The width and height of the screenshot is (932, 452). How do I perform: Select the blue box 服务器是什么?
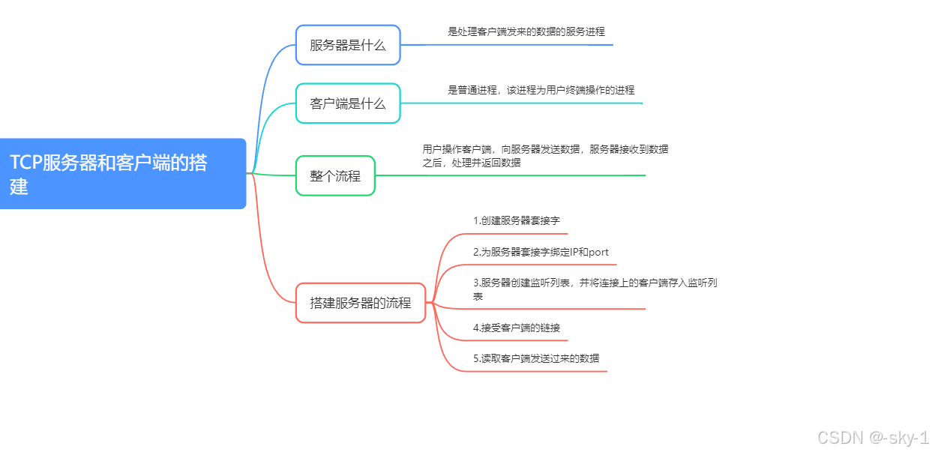click(x=348, y=45)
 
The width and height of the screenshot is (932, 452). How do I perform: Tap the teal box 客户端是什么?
click(x=348, y=103)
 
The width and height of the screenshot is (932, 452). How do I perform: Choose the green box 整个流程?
click(x=335, y=176)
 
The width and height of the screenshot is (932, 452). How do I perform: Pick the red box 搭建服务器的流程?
click(x=361, y=303)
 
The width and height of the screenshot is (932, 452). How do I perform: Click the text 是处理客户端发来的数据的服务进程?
click(x=526, y=32)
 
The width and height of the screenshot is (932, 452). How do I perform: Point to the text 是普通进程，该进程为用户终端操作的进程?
click(x=541, y=90)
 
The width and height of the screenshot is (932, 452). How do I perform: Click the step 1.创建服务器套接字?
click(x=517, y=221)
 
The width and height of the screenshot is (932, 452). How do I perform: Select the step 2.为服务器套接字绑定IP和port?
click(x=541, y=253)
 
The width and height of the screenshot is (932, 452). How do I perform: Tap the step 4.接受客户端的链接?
click(x=517, y=328)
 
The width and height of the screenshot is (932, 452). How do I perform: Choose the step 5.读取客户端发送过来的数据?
click(x=536, y=358)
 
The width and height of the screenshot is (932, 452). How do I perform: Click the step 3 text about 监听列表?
click(x=595, y=289)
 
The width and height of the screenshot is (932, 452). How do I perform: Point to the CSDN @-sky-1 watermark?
click(x=873, y=438)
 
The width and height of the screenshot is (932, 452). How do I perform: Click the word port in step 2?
click(x=598, y=253)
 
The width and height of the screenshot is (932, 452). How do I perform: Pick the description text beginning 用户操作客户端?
click(x=545, y=156)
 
